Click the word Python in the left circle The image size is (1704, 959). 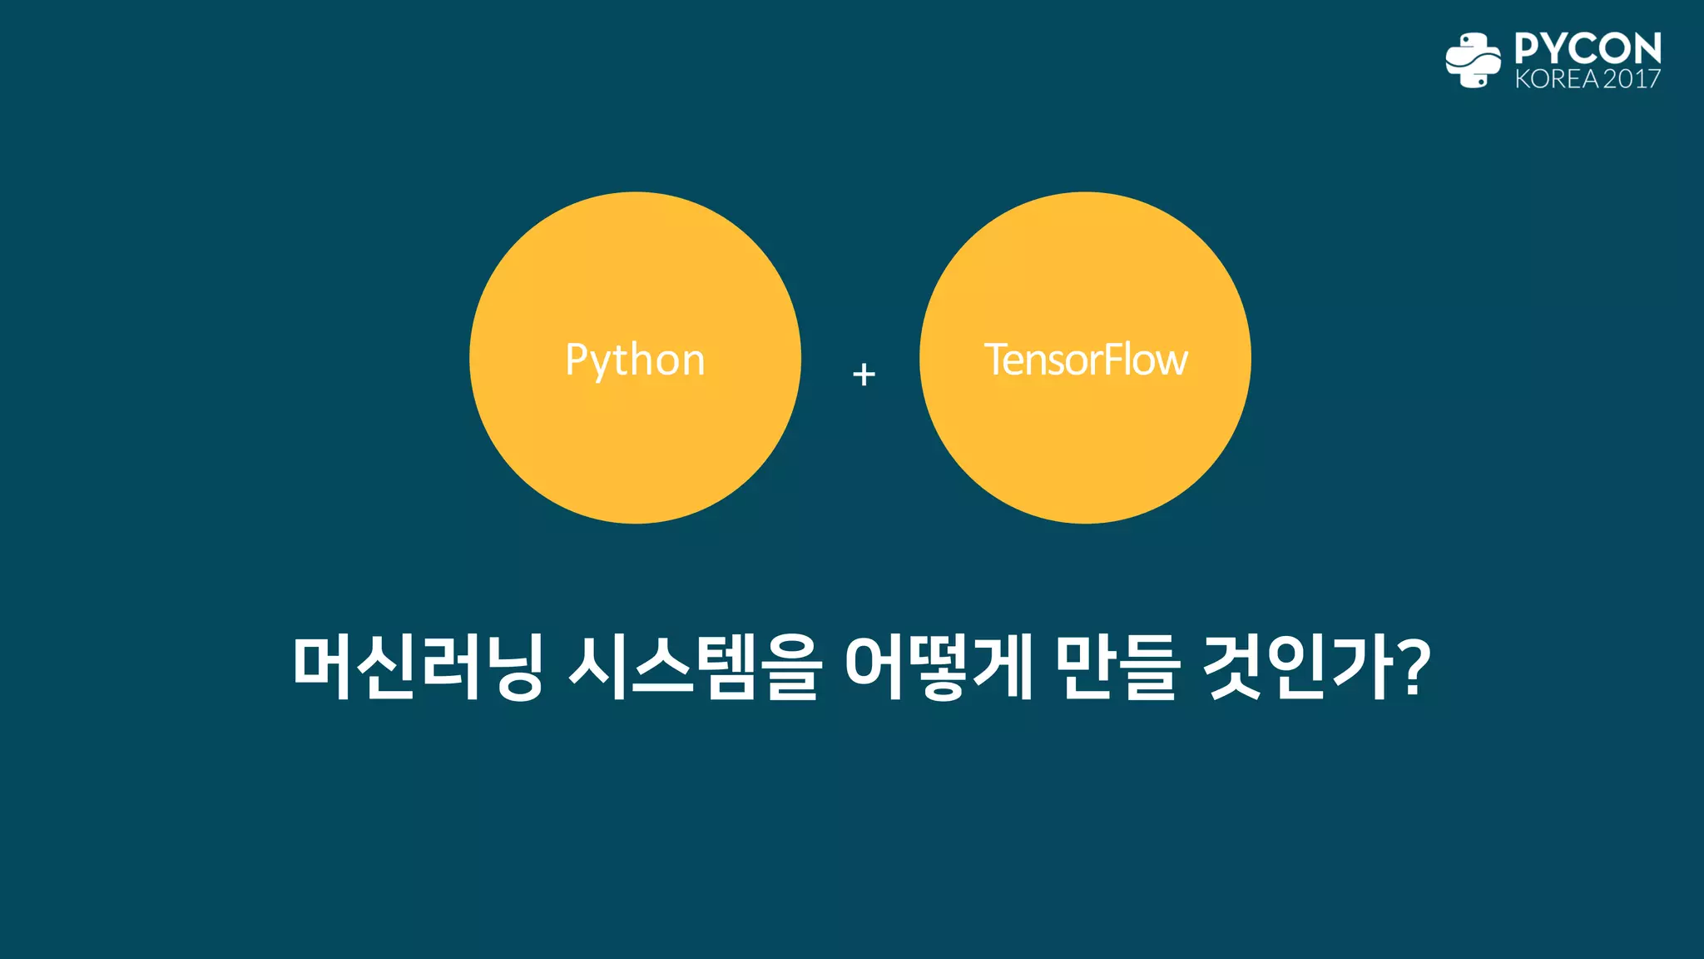tap(635, 360)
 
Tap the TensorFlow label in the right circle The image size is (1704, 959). tap(1086, 360)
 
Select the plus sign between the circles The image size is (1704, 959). tap(864, 374)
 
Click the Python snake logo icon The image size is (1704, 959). tap(1473, 60)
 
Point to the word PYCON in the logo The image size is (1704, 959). tap(1588, 48)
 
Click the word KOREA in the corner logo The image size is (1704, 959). tap(1556, 79)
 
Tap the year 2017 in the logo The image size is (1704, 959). tap(1632, 79)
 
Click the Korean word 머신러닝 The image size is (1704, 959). tap(418, 667)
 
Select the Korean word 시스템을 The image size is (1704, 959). tap(696, 667)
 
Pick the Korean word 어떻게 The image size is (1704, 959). tap(939, 667)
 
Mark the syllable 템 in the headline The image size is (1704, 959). tap(726, 667)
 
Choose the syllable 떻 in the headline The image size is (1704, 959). tap(939, 667)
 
